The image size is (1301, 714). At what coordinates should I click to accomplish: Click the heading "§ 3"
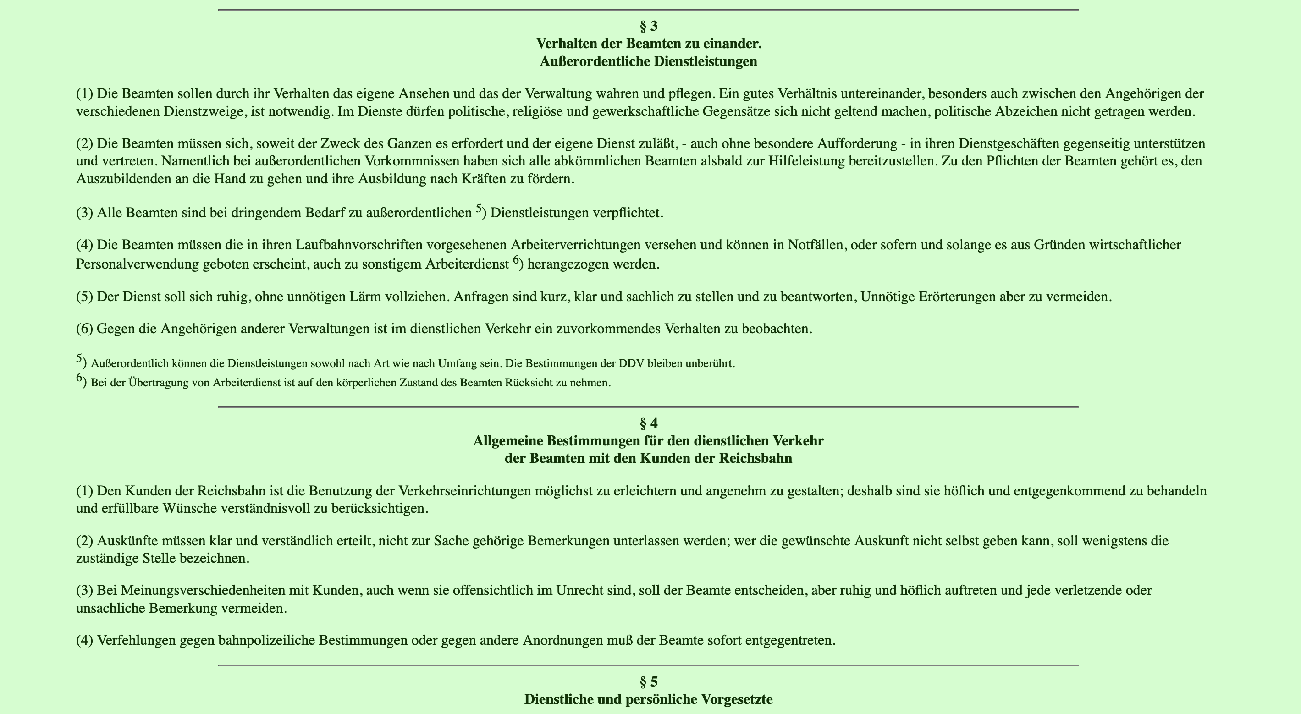[x=649, y=26]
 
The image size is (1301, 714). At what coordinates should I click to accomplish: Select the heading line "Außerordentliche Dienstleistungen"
[x=649, y=61]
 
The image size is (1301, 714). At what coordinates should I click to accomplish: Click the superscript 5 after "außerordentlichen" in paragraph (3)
[x=479, y=208]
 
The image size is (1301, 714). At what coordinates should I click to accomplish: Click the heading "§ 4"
[x=649, y=423]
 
